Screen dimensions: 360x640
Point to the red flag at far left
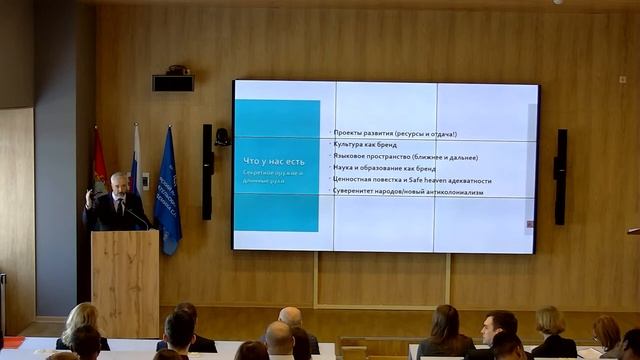click(x=99, y=164)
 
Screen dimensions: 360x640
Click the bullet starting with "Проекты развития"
click(x=394, y=134)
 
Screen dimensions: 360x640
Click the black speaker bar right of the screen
click(x=560, y=176)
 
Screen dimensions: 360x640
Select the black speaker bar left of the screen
click(x=207, y=171)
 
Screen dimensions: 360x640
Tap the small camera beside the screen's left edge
click(x=223, y=136)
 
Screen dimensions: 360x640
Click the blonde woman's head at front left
click(x=79, y=319)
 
